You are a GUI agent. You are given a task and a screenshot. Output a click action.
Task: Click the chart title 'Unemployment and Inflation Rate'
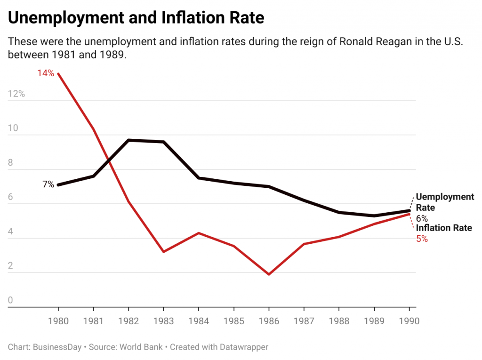pos(136,18)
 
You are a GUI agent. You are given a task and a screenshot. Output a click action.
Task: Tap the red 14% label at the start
pos(46,73)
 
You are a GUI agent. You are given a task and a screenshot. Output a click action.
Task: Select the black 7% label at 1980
pos(48,184)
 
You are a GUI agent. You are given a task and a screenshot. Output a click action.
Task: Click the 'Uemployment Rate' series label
pos(445,202)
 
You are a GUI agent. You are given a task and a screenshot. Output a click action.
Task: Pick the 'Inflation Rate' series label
pos(443,228)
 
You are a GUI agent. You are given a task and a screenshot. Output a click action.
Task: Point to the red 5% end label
pos(422,239)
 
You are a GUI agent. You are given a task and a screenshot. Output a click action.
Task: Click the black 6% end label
pos(422,218)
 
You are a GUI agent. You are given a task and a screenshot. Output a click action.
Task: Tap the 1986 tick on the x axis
pos(269,321)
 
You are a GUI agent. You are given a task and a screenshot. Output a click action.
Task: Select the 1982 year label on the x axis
pos(129,321)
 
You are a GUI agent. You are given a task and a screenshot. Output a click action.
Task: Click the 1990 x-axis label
pos(409,321)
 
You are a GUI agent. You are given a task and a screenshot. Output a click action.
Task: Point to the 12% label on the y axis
pos(16,94)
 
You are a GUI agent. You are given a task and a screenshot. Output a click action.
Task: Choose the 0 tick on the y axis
pos(10,300)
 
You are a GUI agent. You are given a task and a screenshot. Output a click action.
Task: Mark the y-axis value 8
pos(10,162)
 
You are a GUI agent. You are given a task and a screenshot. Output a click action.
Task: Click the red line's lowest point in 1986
pos(269,274)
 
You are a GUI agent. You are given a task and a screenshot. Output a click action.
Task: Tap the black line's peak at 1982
pos(129,140)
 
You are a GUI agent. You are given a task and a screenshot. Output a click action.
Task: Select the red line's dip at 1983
pos(163,252)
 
